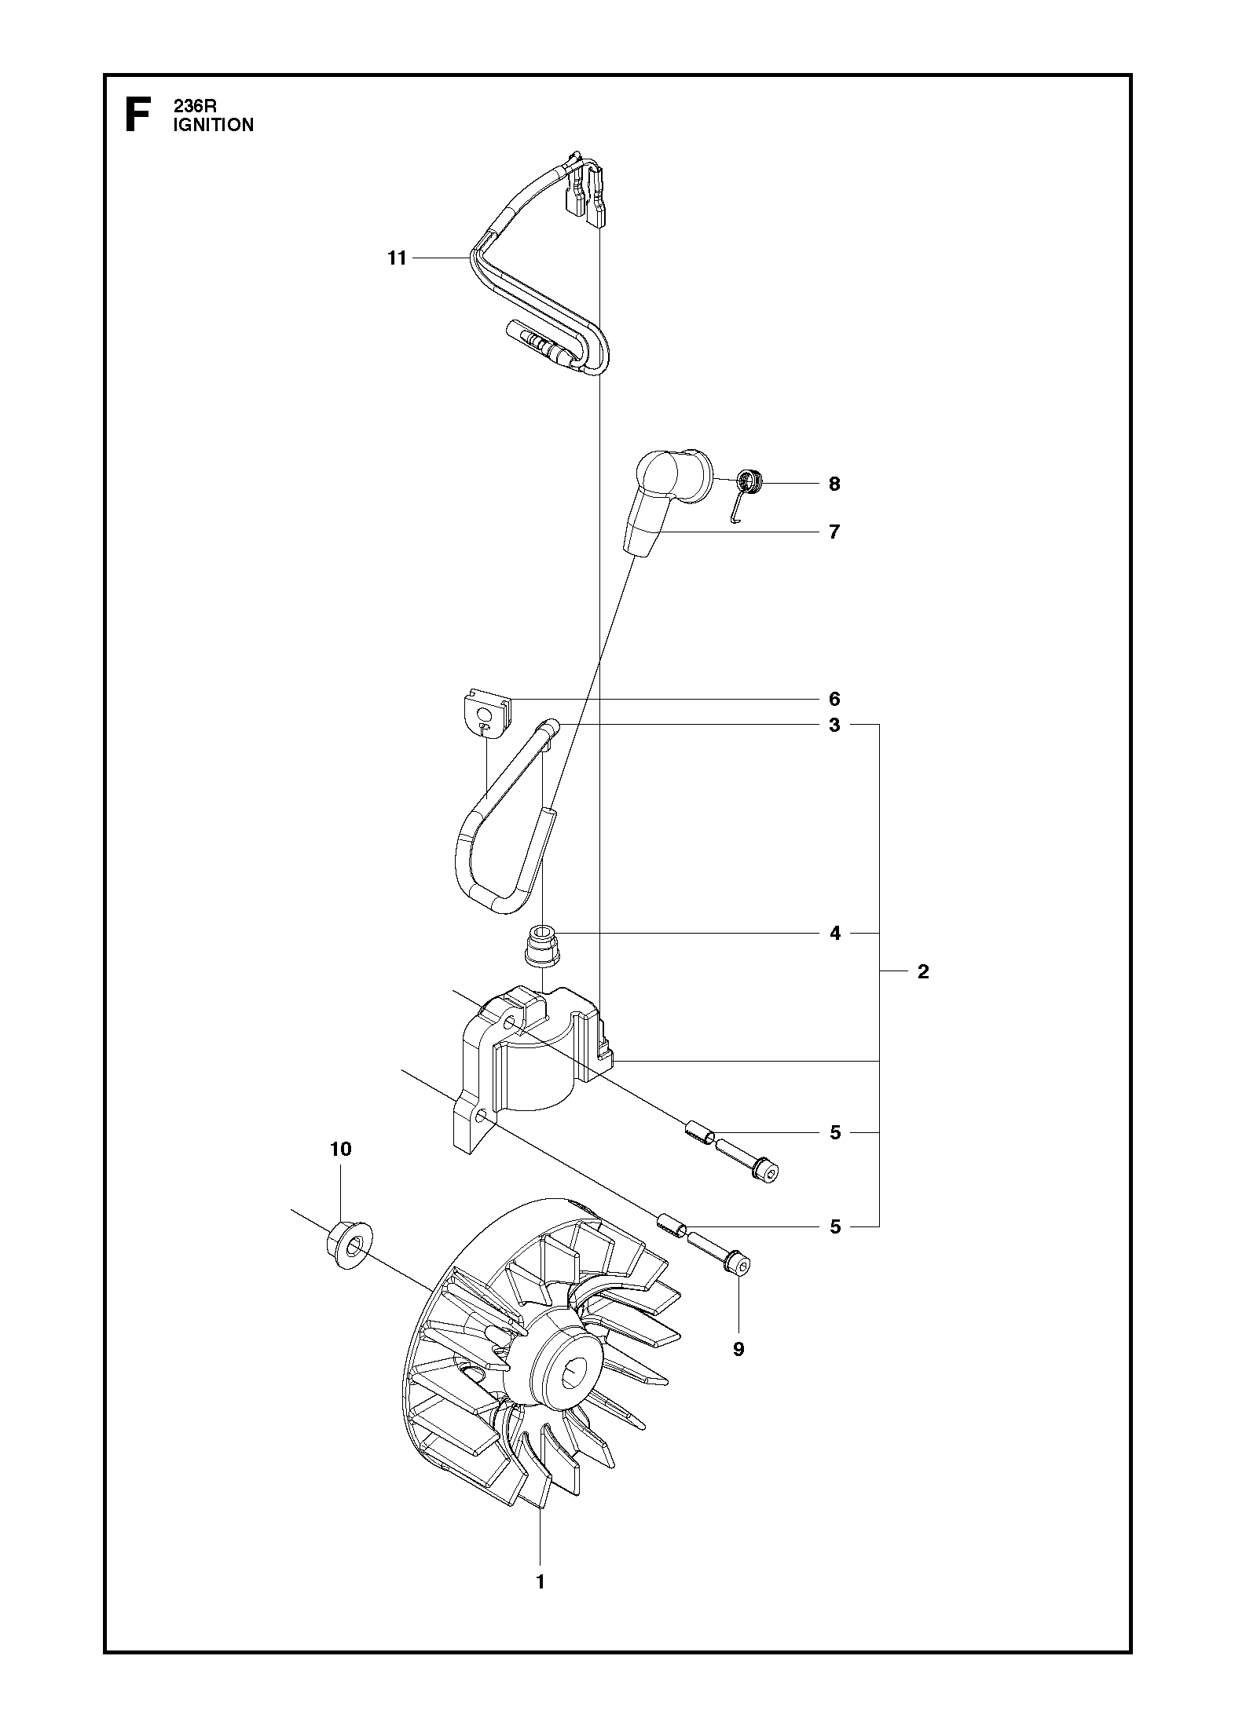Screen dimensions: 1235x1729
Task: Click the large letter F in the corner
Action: [x=139, y=115]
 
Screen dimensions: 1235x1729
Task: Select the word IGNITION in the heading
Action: [x=213, y=125]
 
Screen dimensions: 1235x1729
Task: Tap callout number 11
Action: [x=397, y=258]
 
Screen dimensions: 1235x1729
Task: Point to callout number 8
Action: [x=834, y=484]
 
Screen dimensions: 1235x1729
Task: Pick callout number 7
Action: [x=834, y=532]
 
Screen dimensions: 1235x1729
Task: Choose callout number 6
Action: [x=834, y=699]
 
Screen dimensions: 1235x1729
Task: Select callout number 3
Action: [x=834, y=725]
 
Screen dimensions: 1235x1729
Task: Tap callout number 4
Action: [x=834, y=933]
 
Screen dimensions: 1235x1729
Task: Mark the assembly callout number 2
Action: [x=923, y=972]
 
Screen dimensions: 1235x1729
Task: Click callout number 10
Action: [x=340, y=1150]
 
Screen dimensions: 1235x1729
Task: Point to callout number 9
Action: [x=738, y=1349]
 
